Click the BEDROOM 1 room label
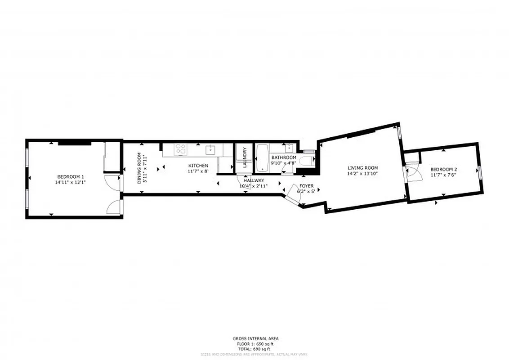point(71,176)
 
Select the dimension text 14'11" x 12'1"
point(71,182)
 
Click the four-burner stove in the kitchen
point(181,149)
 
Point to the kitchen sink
point(210,149)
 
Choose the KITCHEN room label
point(198,166)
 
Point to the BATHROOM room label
point(283,157)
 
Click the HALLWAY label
point(254,180)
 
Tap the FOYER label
point(306,186)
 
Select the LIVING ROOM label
point(362,168)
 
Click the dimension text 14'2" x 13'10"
point(362,173)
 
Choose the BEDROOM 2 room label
point(443,170)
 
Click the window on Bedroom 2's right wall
point(480,172)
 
